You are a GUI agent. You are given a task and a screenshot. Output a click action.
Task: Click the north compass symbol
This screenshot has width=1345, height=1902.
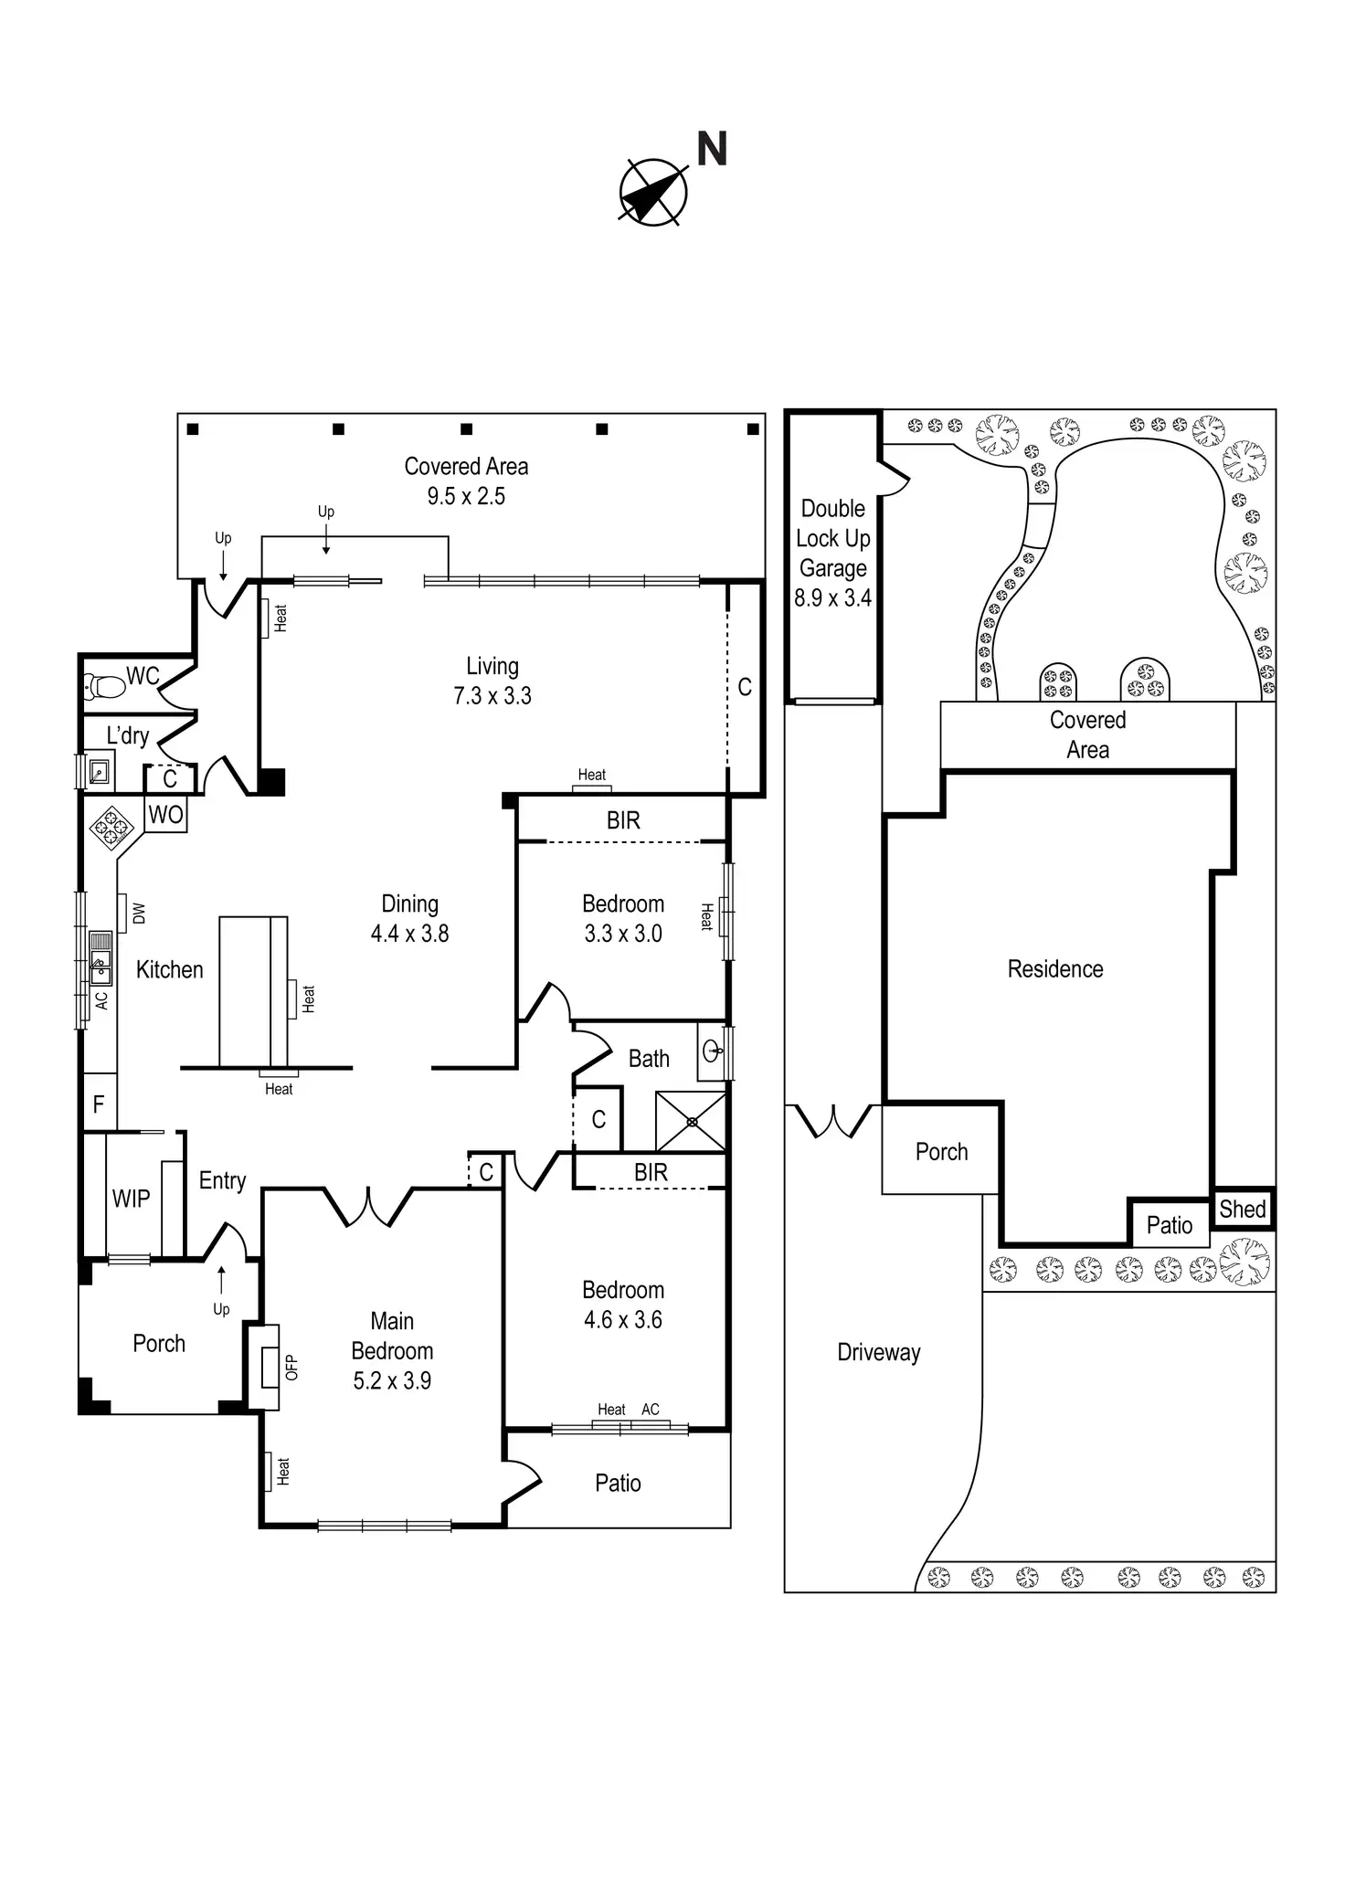pos(653,192)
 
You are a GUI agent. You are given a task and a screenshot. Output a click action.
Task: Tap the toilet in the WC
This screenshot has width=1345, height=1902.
pos(105,685)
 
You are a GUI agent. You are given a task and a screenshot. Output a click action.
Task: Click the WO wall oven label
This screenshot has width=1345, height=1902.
pos(165,815)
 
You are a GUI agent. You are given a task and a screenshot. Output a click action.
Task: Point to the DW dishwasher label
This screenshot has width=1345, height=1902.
pos(139,913)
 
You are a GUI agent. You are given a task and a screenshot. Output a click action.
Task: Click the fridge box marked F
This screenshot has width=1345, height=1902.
pos(99,1104)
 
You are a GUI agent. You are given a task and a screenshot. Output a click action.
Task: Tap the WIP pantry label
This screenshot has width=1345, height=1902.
pos(131,1199)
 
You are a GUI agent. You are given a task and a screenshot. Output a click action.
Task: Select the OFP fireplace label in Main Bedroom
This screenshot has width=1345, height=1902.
pos(291,1367)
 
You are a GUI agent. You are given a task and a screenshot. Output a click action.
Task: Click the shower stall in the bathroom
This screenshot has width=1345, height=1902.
pos(691,1121)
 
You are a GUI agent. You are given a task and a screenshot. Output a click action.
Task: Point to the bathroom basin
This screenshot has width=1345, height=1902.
pos(713,1051)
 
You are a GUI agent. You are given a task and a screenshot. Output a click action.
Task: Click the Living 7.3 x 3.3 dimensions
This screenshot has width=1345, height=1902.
pos(492,696)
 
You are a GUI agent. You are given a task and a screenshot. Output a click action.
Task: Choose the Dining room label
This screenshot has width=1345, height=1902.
pos(409,903)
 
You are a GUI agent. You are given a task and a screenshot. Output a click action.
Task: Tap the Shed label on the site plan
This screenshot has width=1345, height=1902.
pos(1243,1209)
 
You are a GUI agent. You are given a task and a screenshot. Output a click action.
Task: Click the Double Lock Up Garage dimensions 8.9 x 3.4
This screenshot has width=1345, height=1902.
pos(832,598)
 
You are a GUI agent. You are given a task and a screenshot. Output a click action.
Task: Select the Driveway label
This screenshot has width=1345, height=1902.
pos(879,1352)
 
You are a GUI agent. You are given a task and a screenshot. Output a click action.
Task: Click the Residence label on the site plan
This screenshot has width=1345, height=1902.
pos(1055,968)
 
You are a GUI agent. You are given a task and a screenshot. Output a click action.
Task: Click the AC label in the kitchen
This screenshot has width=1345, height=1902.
pos(101,1000)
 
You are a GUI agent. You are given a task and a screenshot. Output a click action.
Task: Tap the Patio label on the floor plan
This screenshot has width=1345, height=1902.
pos(618,1483)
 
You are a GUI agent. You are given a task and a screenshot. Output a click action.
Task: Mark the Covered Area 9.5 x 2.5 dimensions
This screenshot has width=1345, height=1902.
pos(466,496)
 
